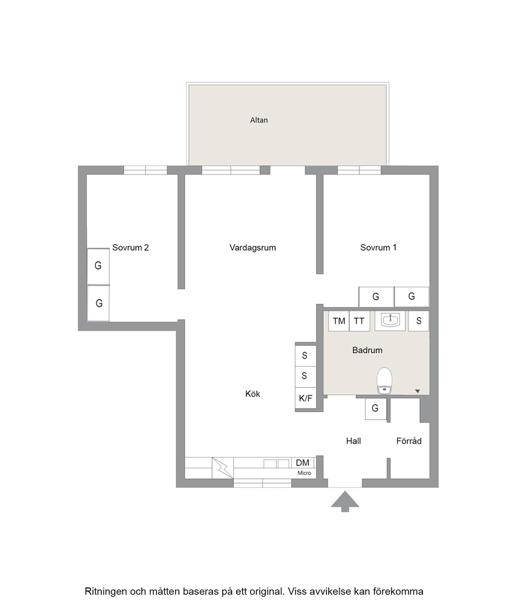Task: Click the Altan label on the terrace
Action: click(259, 120)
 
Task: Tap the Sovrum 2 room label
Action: click(131, 247)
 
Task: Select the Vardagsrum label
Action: click(252, 248)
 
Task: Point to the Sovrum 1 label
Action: click(378, 247)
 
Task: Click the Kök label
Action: click(252, 394)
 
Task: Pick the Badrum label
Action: click(367, 350)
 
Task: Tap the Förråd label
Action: click(409, 441)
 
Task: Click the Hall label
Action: click(354, 441)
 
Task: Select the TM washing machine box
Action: click(339, 321)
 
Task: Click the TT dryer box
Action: click(359, 321)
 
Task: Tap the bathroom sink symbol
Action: click(390, 320)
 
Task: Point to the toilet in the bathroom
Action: click(385, 381)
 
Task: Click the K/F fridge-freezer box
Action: click(306, 398)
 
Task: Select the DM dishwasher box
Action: click(303, 463)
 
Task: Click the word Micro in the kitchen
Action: click(305, 473)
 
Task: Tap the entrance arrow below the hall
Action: click(345, 502)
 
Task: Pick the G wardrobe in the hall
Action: click(375, 409)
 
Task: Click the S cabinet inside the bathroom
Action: click(419, 321)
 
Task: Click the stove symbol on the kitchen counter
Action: click(222, 468)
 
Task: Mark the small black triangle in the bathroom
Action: click(418, 391)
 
